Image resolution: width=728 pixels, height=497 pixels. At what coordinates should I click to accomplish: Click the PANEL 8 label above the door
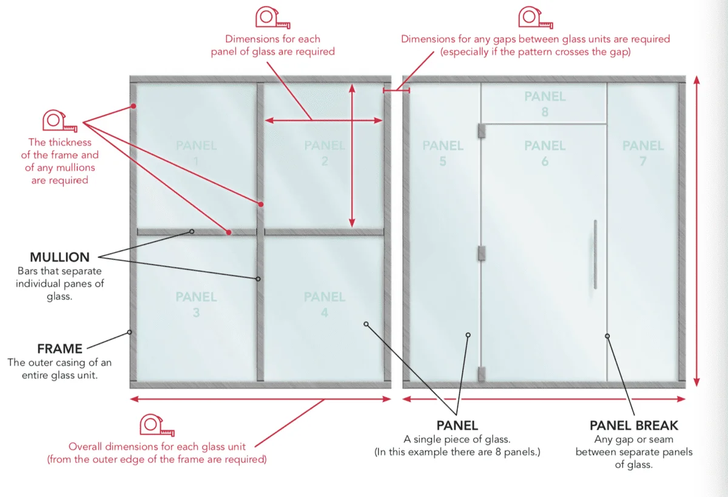(545, 104)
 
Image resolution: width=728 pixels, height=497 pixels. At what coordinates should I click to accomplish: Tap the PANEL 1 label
(197, 153)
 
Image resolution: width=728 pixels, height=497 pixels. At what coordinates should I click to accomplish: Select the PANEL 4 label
(325, 304)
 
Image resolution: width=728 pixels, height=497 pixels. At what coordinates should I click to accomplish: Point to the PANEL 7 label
(643, 153)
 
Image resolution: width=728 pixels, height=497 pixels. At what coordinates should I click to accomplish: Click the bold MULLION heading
(60, 257)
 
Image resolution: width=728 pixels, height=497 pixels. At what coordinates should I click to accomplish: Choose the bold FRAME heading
(60, 349)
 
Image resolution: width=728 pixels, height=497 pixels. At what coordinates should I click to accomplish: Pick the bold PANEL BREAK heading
(634, 425)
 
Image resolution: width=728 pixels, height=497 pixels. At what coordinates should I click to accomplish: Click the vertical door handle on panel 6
(595, 255)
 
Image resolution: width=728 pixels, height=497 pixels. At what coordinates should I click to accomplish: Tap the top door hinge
(482, 131)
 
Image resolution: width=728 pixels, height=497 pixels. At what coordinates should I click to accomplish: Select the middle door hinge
(482, 253)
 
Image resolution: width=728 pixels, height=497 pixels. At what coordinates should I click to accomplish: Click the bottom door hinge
(482, 375)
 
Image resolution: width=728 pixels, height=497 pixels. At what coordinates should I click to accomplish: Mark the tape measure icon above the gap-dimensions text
(536, 18)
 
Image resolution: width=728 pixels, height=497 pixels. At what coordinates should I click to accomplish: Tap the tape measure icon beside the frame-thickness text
(60, 121)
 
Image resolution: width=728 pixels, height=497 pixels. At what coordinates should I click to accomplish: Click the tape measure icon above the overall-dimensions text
(157, 425)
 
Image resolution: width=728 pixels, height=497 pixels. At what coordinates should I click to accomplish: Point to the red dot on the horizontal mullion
(229, 232)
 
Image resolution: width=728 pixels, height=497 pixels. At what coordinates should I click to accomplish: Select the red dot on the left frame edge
(133, 106)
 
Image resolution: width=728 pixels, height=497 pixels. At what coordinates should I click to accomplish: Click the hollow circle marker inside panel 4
(366, 324)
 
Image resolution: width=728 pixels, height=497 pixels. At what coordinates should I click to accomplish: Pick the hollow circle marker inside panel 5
(468, 335)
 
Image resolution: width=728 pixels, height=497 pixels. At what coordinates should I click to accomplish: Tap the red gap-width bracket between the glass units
(397, 90)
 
